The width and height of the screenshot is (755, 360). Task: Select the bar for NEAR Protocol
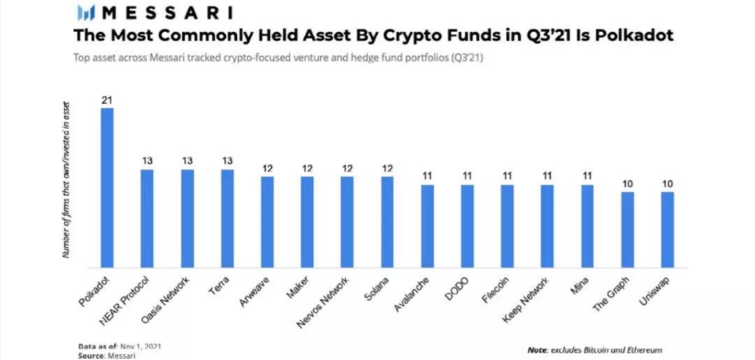coord(147,218)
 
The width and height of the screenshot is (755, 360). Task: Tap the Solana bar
coord(387,222)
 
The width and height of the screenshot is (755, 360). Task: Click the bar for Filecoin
coord(508,226)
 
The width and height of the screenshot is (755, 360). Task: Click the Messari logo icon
coord(86,13)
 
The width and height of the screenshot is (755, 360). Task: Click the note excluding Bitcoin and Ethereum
coord(594,350)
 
